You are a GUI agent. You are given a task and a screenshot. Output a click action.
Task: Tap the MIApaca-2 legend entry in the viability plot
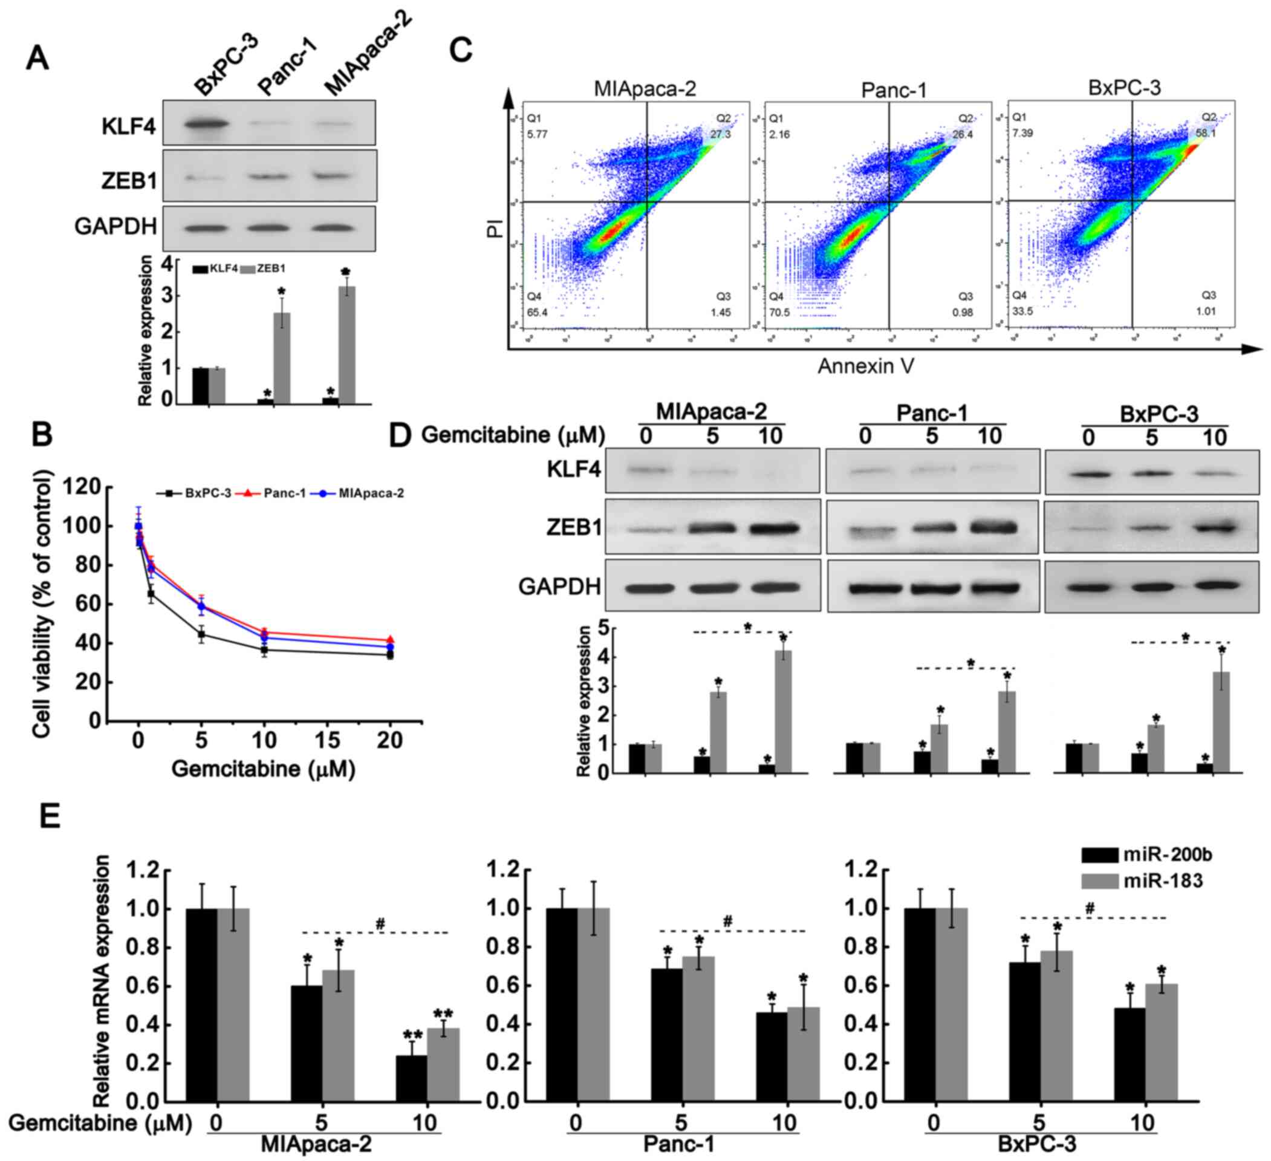tap(371, 493)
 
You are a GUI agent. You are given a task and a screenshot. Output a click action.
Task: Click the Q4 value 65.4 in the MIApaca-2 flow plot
tap(536, 312)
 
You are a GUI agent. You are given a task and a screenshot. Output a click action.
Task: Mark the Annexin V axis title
tap(866, 366)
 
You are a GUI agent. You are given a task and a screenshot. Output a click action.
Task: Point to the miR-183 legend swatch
tap(1099, 881)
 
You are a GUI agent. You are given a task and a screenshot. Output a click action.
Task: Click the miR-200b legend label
tap(1167, 855)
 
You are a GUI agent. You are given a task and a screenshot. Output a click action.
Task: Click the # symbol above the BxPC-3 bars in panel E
tap(1090, 909)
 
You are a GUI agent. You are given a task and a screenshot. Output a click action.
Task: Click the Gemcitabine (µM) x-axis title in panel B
tap(264, 769)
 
